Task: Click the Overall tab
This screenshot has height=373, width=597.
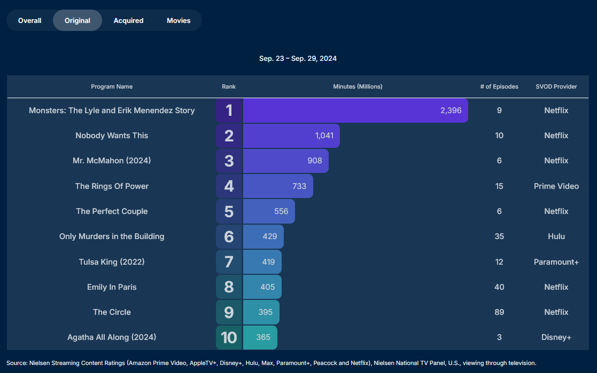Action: (x=29, y=20)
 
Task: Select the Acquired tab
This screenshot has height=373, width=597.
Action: (x=128, y=20)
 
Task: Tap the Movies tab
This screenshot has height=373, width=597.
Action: (x=179, y=20)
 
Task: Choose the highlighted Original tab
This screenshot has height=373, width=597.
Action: (x=77, y=20)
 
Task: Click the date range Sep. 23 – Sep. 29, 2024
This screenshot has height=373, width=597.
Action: (x=298, y=58)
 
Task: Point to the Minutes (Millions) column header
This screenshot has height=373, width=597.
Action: (x=358, y=86)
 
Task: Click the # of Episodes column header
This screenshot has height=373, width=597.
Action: (x=499, y=86)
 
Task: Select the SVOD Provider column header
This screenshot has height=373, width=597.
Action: (x=556, y=86)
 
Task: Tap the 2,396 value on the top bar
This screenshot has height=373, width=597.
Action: (x=451, y=110)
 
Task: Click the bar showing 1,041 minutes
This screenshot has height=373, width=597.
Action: (x=291, y=136)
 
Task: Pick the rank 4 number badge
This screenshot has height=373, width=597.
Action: (x=229, y=186)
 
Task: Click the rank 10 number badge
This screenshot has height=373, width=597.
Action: (x=229, y=337)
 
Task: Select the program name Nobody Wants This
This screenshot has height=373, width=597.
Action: (x=112, y=136)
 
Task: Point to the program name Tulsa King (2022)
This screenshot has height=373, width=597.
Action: (x=112, y=262)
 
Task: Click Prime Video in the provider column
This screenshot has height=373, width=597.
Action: (x=556, y=186)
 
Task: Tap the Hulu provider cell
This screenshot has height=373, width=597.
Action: (x=556, y=236)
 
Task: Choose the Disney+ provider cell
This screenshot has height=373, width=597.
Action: (x=556, y=337)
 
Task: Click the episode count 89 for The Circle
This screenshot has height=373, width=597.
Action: (x=499, y=312)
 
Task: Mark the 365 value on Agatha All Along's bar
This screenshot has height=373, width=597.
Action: (x=263, y=337)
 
